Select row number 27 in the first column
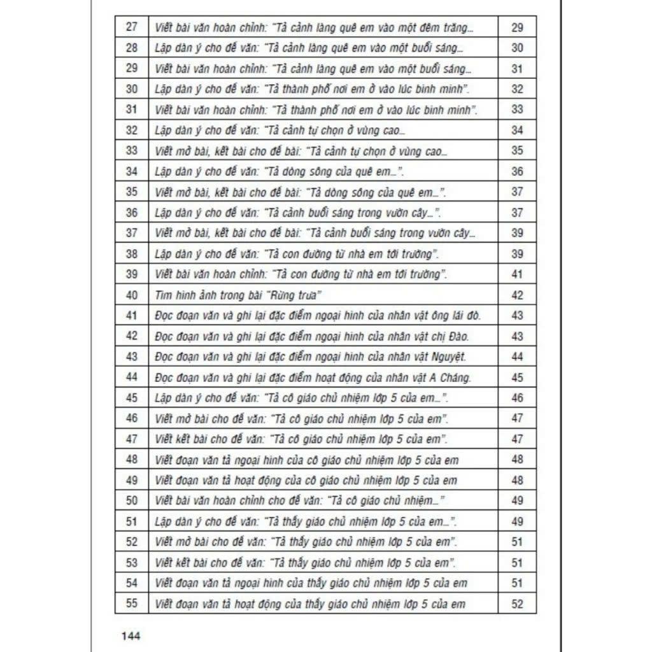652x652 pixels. [x=132, y=27]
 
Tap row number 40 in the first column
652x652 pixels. [x=132, y=295]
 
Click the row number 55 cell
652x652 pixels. [x=132, y=604]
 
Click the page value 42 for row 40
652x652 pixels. [x=517, y=295]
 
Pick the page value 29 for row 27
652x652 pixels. [x=517, y=27]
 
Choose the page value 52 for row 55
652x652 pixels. [x=517, y=604]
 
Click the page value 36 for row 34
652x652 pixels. [x=517, y=172]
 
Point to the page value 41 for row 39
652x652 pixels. [x=517, y=274]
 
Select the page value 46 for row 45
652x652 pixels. [x=517, y=398]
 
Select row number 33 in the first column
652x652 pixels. [x=132, y=151]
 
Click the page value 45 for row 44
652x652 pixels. [x=517, y=378]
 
